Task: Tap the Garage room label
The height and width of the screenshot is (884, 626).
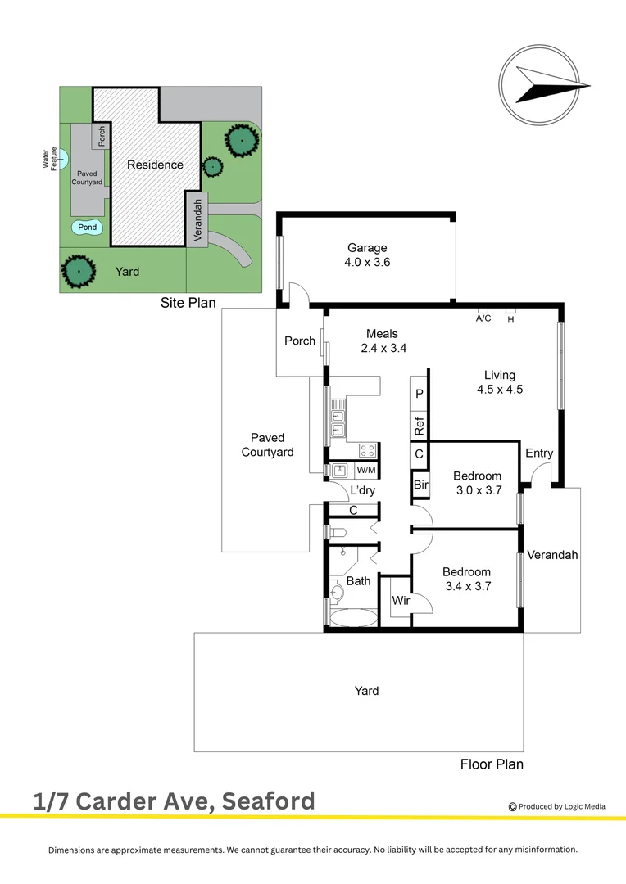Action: click(366, 248)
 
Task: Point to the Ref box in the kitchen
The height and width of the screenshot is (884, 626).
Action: click(420, 426)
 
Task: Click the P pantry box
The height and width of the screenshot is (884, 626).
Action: click(420, 394)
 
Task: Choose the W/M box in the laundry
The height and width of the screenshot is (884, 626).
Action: click(366, 470)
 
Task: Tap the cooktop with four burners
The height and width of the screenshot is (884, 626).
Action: click(367, 449)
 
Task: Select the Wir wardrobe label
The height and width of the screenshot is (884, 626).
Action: click(401, 601)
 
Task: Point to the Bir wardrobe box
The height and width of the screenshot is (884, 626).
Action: click(420, 485)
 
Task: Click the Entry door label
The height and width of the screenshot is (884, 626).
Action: click(539, 453)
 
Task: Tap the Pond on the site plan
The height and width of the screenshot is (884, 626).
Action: click(88, 228)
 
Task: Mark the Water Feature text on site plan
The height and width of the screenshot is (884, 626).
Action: click(50, 158)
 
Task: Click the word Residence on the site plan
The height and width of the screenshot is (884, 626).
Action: click(155, 165)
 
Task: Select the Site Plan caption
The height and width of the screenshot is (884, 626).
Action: click(188, 303)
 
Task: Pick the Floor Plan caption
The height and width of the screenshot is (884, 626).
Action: click(492, 764)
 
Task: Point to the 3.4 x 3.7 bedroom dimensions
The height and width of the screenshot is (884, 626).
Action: click(467, 586)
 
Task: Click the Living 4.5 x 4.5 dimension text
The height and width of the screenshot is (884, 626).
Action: click(500, 390)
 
